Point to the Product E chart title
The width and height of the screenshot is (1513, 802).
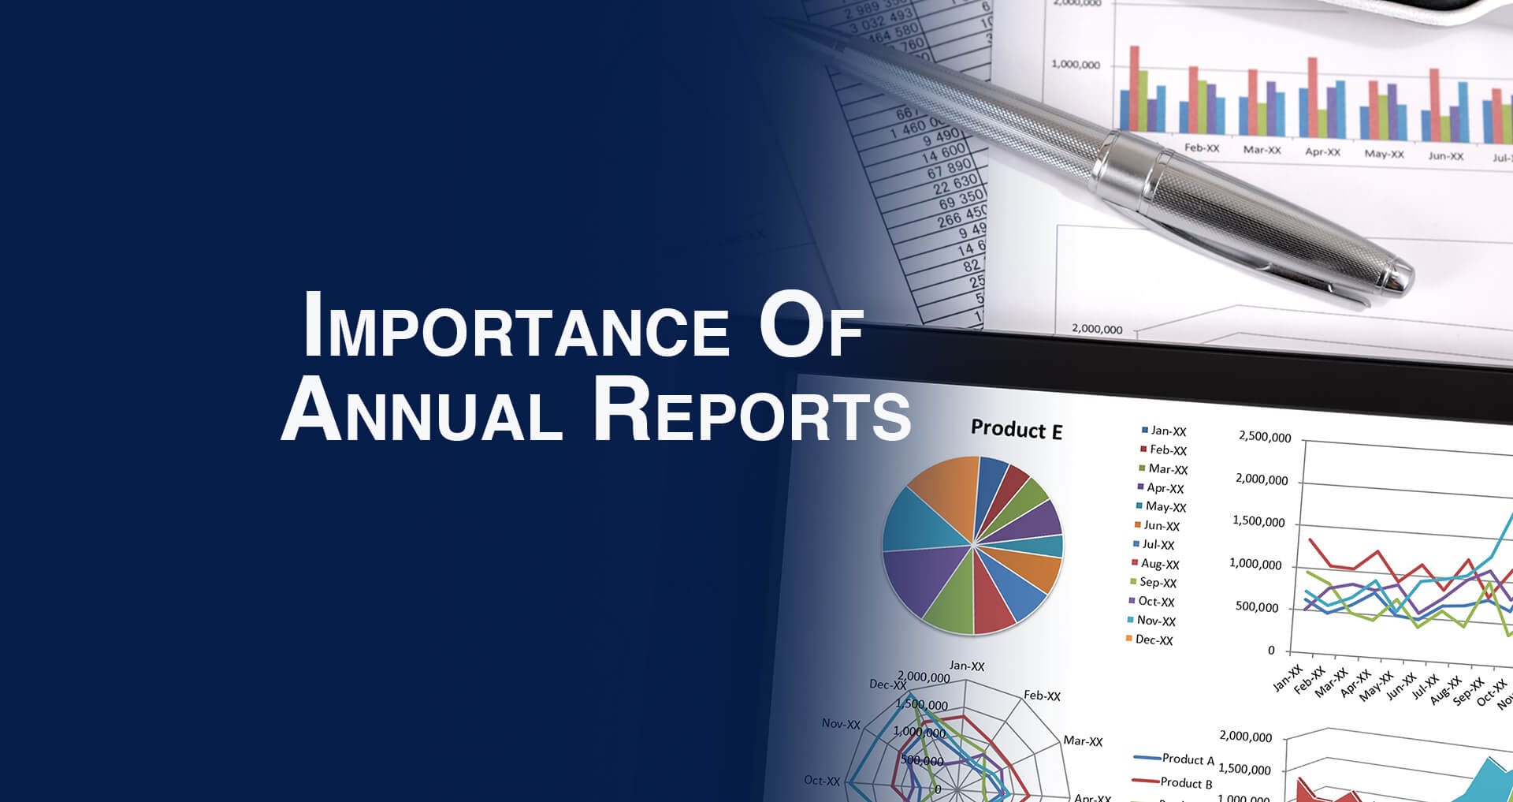click(x=1016, y=430)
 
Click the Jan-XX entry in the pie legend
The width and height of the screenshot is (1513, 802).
click(x=1167, y=431)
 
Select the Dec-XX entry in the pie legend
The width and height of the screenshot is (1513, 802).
click(x=1153, y=640)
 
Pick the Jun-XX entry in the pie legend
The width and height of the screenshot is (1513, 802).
click(x=1161, y=525)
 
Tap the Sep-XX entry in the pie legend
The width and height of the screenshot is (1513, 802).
click(x=1157, y=582)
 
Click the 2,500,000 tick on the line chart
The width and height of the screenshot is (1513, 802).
click(x=1264, y=437)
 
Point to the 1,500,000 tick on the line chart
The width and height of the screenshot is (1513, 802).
click(x=1258, y=521)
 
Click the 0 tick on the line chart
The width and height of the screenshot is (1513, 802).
click(x=1270, y=651)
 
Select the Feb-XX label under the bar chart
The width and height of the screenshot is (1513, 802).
click(x=1201, y=148)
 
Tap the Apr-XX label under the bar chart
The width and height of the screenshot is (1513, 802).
click(x=1322, y=151)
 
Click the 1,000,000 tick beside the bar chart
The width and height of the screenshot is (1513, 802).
click(x=1075, y=65)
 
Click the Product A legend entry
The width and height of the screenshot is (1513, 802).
click(x=1187, y=759)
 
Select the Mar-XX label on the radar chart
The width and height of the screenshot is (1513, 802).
click(x=1083, y=740)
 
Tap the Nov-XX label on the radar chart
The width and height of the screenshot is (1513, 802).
click(x=841, y=723)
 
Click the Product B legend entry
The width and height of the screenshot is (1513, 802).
click(x=1185, y=782)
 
